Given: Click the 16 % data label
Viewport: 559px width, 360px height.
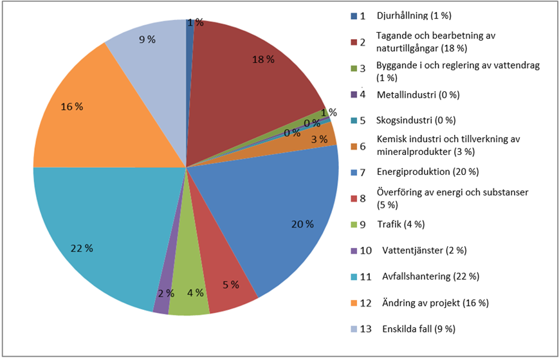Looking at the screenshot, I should click(x=73, y=106).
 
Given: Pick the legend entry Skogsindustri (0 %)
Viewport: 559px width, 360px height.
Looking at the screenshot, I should click(x=416, y=120).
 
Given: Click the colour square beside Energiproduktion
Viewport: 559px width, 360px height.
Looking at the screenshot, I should click(x=354, y=172).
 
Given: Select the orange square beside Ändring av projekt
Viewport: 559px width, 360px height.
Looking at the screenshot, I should click(x=354, y=303).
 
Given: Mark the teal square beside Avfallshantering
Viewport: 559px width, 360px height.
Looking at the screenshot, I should click(x=354, y=276).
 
